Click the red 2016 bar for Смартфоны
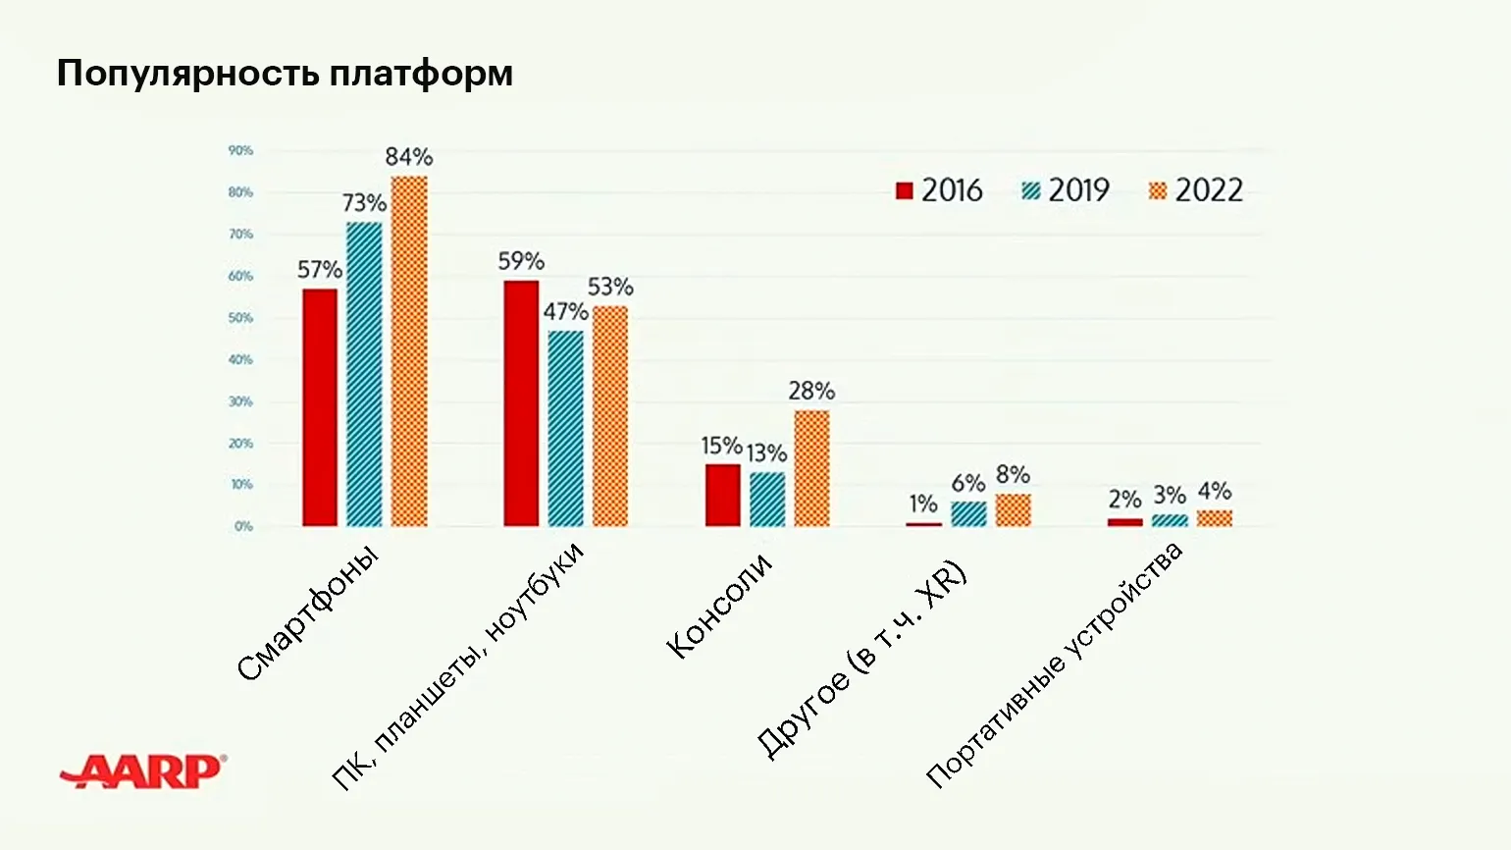point(320,407)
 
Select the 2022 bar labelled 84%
point(409,351)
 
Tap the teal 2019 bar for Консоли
point(767,500)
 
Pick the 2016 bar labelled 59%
point(521,403)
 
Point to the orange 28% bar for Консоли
point(811,468)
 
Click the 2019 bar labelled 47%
point(565,428)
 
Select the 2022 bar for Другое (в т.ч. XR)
point(1013,510)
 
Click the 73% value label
point(364,203)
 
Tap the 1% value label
point(923,505)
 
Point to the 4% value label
point(1215,491)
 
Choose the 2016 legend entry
point(939,190)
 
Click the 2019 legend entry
point(1066,190)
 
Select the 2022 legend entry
point(1195,190)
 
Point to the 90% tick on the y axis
point(240,151)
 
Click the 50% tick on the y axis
point(240,318)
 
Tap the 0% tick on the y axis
point(243,527)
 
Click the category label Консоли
point(719,606)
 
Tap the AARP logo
point(143,771)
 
